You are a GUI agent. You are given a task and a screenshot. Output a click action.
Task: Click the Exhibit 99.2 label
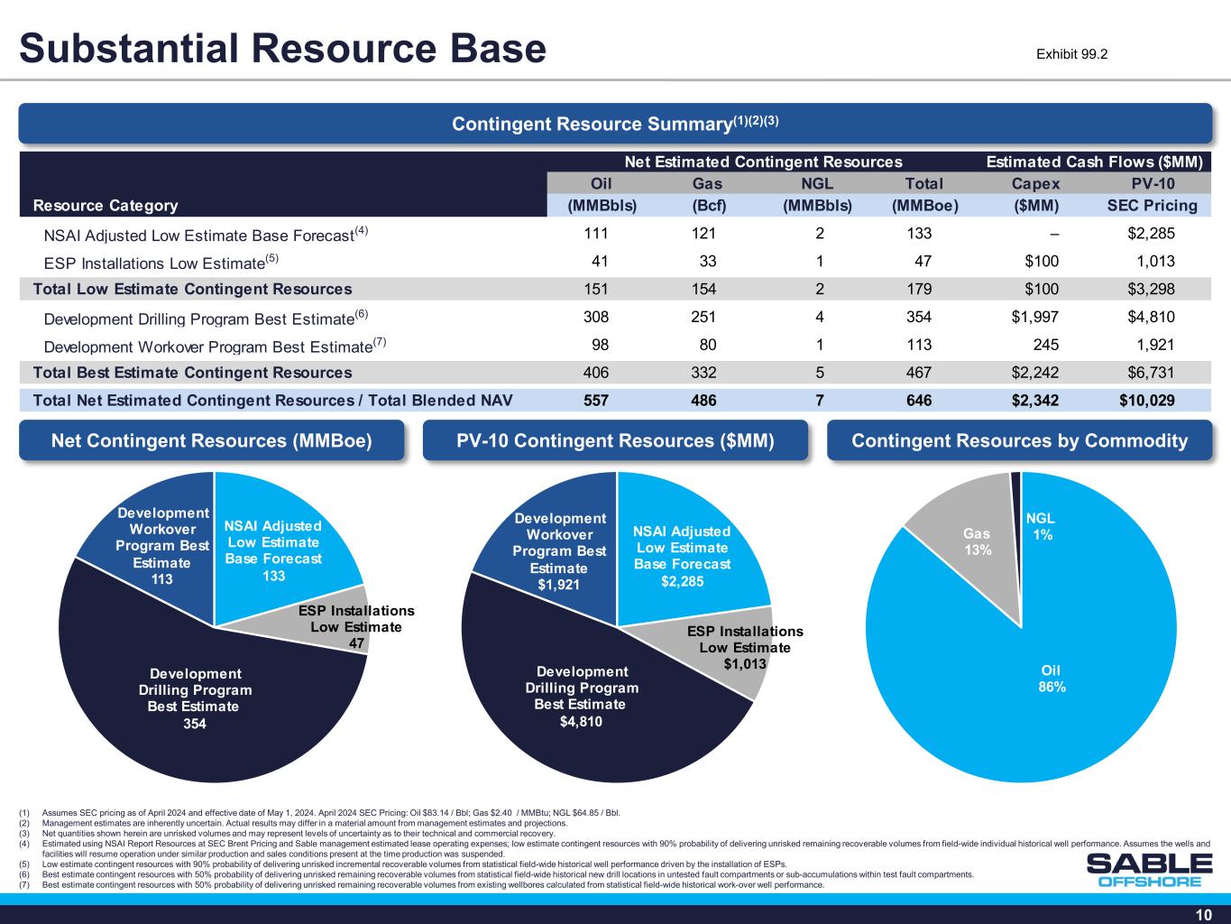coord(1071,54)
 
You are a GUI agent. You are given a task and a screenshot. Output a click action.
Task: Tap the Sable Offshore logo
coord(1149,870)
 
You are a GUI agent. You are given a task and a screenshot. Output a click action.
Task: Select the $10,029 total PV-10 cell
coord(1144,400)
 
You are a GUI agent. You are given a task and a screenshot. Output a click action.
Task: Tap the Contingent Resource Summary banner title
coord(615,124)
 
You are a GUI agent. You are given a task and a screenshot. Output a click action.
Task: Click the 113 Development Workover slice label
coord(162,547)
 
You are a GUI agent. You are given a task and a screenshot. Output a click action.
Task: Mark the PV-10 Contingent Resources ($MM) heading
coord(615,440)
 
